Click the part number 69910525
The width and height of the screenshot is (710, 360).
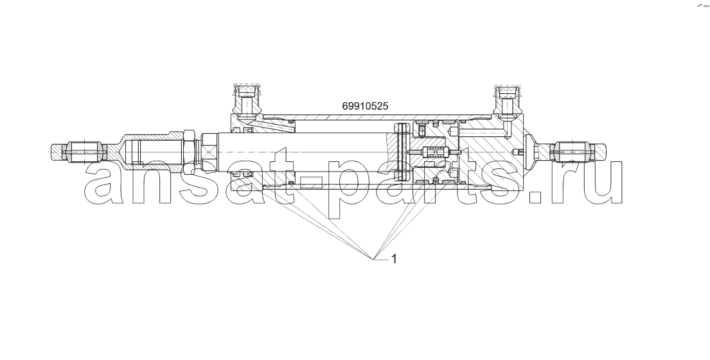point(365,107)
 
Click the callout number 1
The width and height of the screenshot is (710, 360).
point(394,258)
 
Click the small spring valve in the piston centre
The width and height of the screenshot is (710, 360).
point(433,152)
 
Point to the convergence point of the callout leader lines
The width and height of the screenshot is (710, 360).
point(373,259)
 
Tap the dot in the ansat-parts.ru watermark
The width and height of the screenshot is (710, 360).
point(536,197)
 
